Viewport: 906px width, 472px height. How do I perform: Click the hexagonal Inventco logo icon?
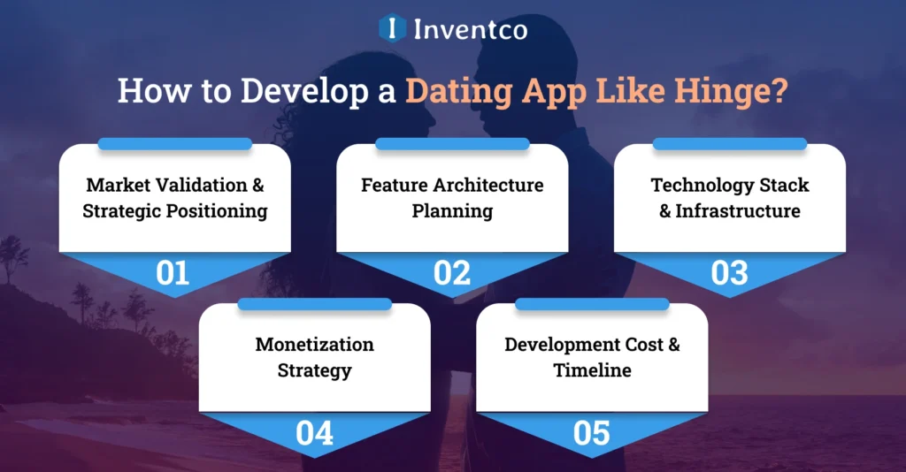(x=392, y=28)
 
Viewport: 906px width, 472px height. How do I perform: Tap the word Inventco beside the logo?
(x=471, y=29)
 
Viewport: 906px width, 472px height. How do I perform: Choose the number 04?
(x=314, y=433)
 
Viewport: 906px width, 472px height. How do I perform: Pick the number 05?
(x=592, y=433)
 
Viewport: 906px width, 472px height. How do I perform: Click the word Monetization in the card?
(x=314, y=345)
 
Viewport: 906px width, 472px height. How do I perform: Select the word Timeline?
(x=592, y=370)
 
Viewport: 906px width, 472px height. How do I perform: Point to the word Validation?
(x=204, y=186)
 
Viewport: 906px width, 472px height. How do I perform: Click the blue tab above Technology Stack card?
(x=730, y=143)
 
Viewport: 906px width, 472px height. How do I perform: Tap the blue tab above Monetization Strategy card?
(x=314, y=303)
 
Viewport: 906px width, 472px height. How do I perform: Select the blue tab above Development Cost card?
(x=592, y=303)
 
